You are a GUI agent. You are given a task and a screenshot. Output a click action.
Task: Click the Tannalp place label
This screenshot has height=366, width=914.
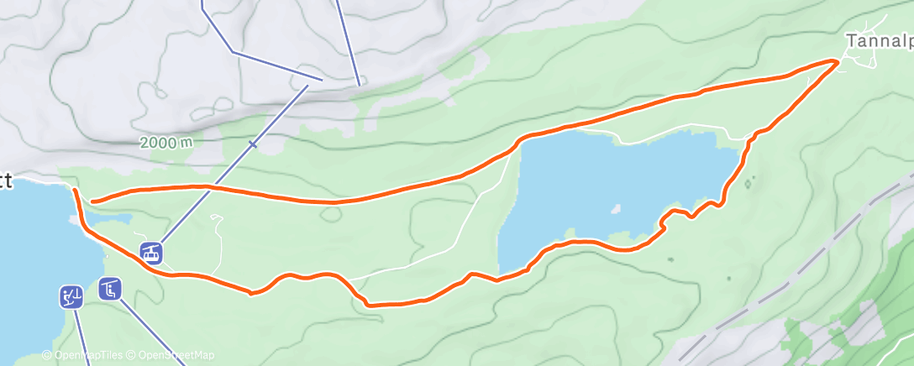(879, 40)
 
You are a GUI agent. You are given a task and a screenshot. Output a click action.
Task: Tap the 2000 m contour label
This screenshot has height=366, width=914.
(165, 143)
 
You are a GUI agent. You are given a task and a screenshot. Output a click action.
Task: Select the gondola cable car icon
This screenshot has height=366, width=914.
(151, 251)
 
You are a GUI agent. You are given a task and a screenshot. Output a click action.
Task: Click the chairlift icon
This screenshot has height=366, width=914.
(110, 289)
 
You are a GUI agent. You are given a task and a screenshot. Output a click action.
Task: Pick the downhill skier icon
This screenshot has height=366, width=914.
(71, 296)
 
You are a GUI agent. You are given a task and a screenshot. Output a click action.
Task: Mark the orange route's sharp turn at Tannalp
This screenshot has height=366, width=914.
(837, 61)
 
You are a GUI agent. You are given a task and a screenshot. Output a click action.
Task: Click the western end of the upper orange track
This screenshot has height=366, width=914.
(92, 201)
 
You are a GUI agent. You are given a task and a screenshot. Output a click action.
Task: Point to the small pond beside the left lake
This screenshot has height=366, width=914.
(113, 218)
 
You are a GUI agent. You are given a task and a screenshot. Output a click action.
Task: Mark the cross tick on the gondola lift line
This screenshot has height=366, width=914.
(252, 144)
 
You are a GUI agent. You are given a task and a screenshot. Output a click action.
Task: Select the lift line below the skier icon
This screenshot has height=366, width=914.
(81, 336)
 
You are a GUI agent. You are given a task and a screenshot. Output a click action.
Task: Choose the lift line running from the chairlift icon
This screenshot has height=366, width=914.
(151, 327)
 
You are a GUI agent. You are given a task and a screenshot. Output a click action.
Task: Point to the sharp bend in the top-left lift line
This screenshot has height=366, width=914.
(233, 52)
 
